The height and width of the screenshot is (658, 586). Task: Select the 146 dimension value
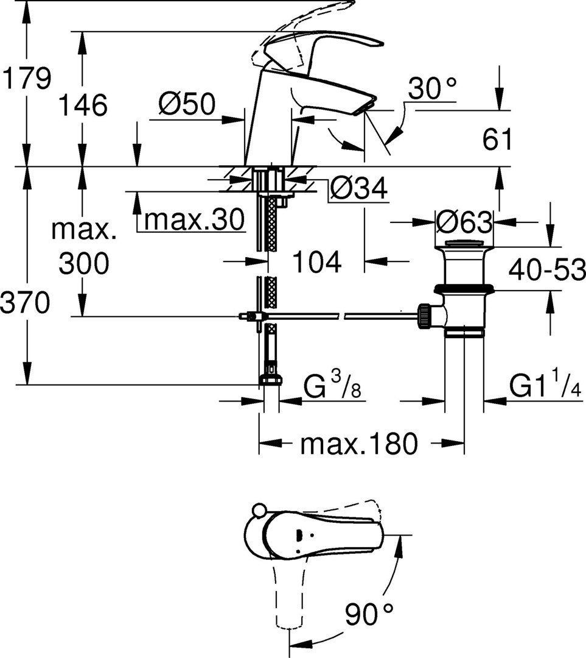83,105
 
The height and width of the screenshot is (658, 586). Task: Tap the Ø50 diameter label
187,105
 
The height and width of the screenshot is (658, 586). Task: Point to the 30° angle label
431,89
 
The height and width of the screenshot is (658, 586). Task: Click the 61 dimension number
498,140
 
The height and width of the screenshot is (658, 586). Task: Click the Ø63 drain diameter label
464,223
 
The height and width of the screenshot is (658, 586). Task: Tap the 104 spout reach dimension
316,263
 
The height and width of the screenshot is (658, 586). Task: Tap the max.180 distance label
359,444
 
